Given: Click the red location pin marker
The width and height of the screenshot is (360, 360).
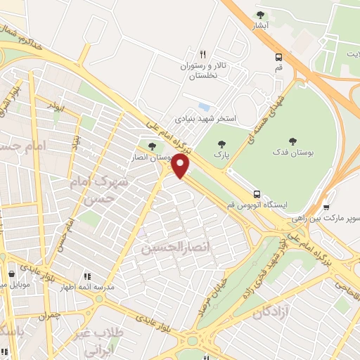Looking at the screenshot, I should click(181, 166).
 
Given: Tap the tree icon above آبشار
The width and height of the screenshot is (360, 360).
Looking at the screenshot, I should click(261, 15).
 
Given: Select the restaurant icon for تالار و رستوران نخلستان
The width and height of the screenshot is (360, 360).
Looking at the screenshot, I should click(202, 53).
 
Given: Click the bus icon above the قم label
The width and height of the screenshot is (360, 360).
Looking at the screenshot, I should click(279, 58).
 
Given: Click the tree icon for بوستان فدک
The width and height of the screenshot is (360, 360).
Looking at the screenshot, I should click(292, 141).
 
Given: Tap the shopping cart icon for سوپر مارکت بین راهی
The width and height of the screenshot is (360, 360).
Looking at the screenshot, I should click(326, 208).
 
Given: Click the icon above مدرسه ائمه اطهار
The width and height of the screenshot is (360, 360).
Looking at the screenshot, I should click(87, 278).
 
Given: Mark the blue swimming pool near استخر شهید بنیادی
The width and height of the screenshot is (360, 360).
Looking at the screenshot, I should click(203, 107).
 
